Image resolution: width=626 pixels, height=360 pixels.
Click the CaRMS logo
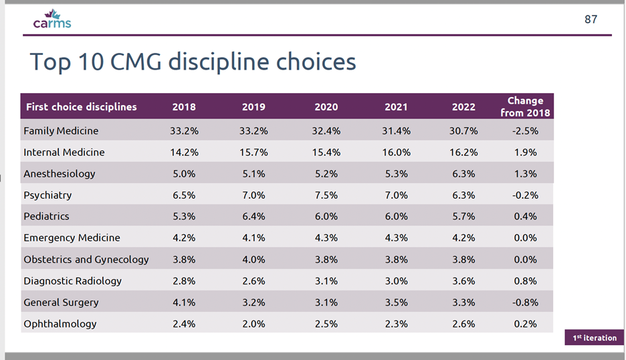tap(51, 19)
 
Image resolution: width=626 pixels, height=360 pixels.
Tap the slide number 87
tap(591, 19)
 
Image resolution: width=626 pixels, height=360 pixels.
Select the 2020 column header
tap(326, 107)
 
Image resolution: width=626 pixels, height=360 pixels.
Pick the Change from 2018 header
tap(525, 107)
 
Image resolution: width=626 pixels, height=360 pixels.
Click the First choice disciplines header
tap(81, 107)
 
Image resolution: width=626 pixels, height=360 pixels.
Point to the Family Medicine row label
tap(61, 131)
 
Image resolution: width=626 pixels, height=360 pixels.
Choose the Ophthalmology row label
tap(60, 324)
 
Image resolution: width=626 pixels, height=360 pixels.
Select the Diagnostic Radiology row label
tap(72, 281)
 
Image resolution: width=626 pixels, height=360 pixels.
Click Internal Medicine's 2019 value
tap(253, 153)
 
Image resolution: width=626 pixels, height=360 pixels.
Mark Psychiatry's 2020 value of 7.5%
tap(326, 195)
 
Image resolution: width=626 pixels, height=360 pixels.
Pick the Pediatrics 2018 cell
tap(184, 217)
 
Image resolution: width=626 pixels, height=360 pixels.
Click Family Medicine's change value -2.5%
tap(525, 131)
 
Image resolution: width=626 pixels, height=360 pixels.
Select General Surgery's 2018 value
tap(184, 302)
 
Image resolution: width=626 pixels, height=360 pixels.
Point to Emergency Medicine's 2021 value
tap(396, 238)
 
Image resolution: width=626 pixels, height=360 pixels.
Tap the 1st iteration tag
tap(595, 338)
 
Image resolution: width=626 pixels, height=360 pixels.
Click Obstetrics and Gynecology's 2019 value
tap(253, 260)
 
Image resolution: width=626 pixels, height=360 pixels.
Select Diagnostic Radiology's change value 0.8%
tap(525, 281)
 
